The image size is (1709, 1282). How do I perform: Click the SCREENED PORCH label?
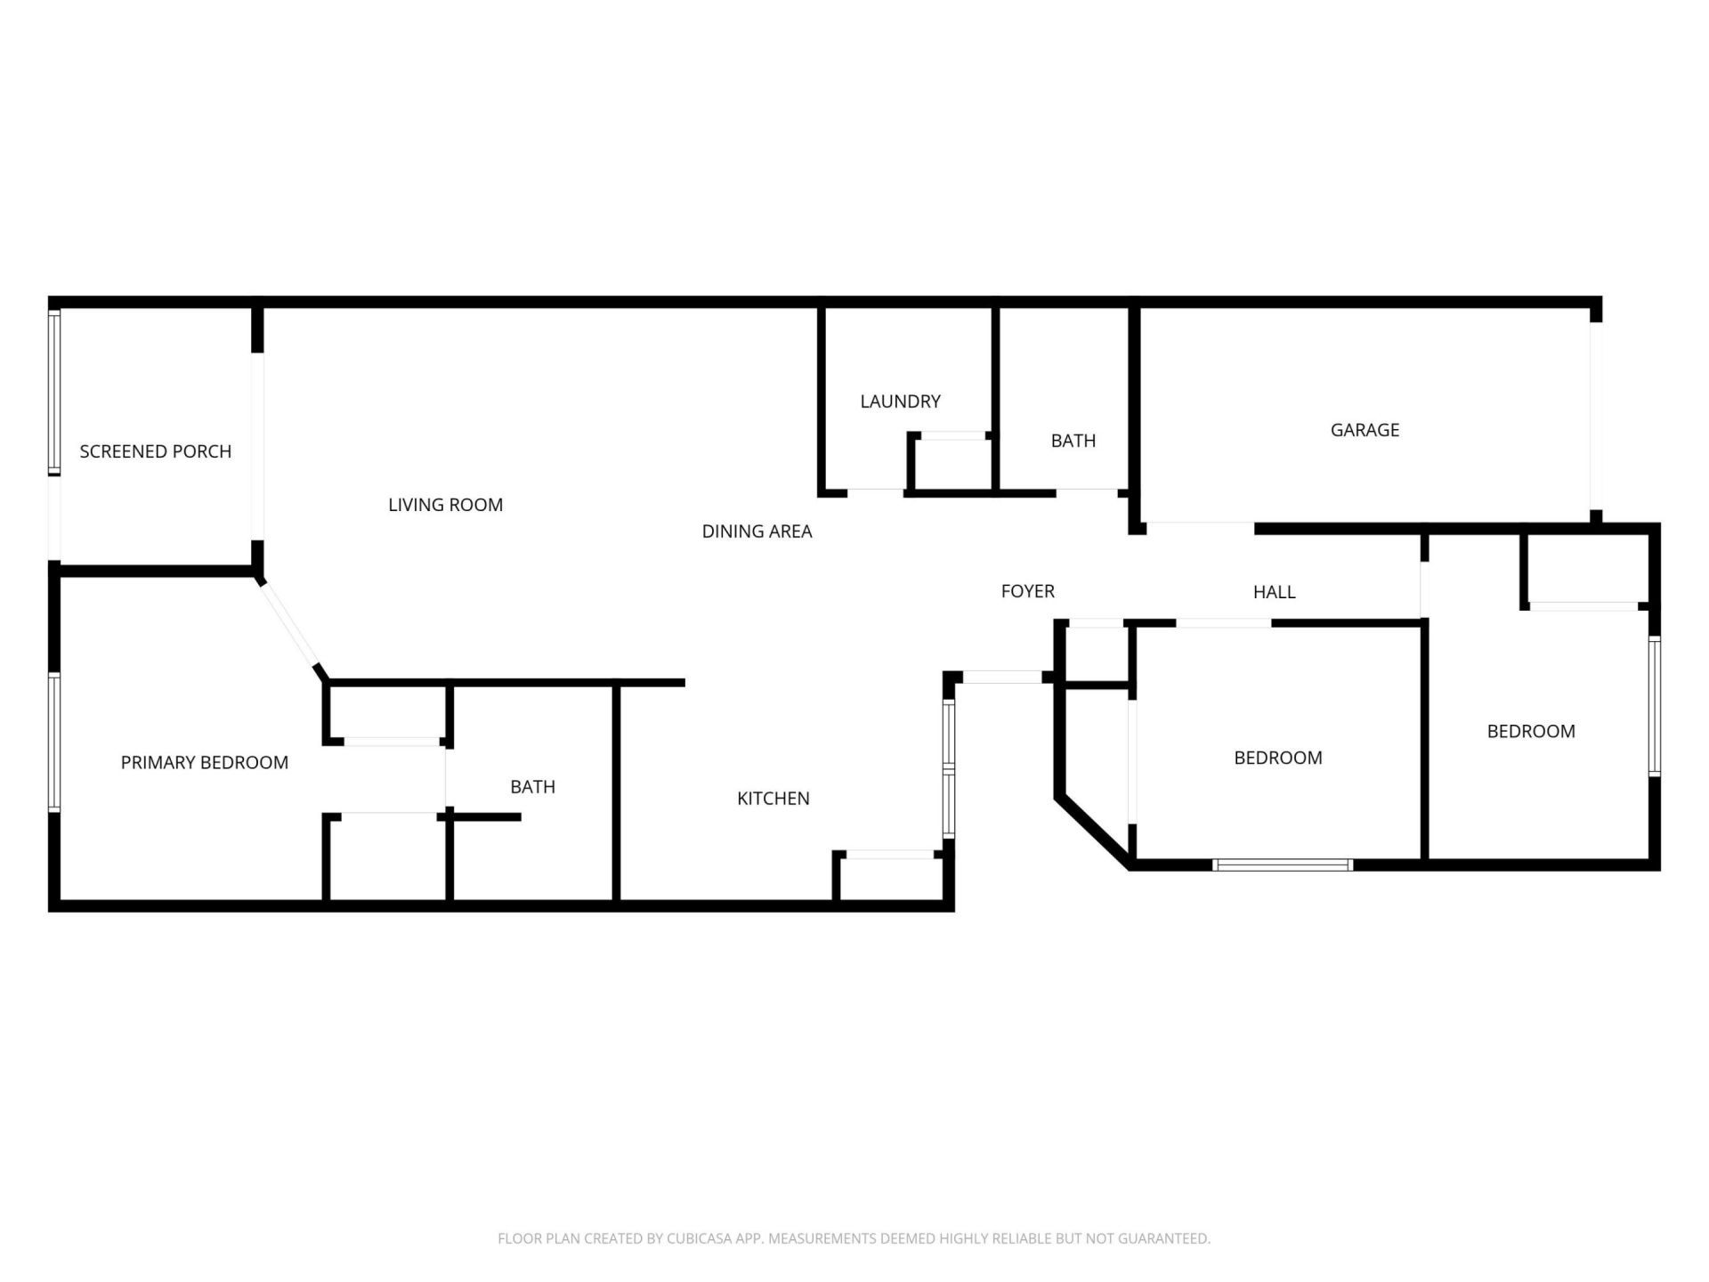(x=156, y=451)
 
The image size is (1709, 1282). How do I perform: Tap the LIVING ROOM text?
(x=445, y=505)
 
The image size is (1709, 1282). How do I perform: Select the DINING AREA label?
(x=757, y=531)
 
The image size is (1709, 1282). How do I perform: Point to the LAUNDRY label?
(x=900, y=402)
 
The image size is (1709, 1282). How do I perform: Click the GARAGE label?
(x=1365, y=430)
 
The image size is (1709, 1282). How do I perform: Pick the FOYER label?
(x=1027, y=591)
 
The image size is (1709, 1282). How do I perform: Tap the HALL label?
(x=1274, y=592)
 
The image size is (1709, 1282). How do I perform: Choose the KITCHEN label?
(x=773, y=799)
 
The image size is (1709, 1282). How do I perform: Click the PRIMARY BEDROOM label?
(x=205, y=763)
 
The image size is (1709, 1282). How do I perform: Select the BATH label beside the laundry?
(x=1073, y=441)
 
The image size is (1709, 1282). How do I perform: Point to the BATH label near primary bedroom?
(x=532, y=787)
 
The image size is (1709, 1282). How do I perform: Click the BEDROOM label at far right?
(x=1530, y=732)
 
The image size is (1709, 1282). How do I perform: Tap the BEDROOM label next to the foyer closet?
(x=1277, y=759)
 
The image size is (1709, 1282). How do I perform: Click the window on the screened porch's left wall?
(x=54, y=392)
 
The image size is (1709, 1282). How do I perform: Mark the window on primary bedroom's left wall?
(x=54, y=742)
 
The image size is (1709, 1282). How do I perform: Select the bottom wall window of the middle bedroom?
(x=1283, y=864)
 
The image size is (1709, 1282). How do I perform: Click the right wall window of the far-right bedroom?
(x=1654, y=706)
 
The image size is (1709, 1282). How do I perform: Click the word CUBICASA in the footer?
(x=699, y=1238)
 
